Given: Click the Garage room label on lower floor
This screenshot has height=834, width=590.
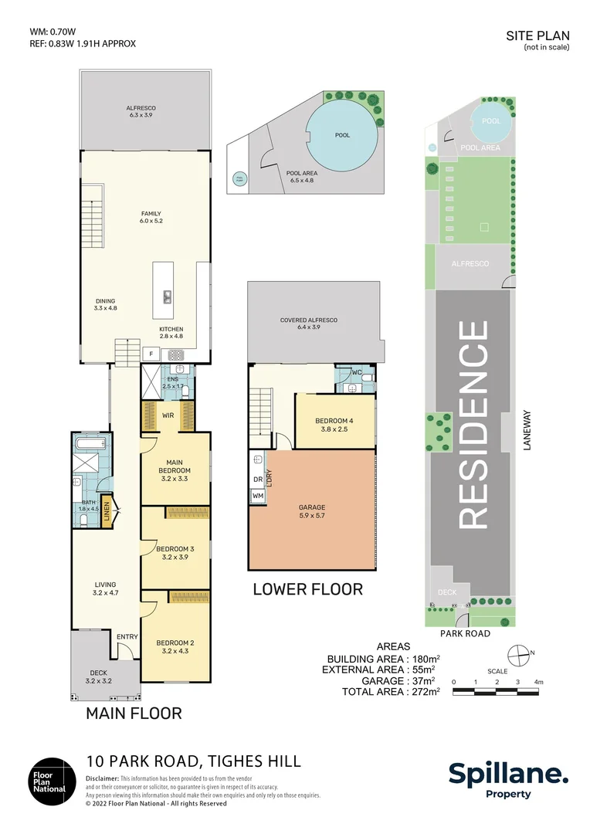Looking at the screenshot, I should (x=312, y=512).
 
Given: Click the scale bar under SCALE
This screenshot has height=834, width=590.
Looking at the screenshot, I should (x=497, y=690).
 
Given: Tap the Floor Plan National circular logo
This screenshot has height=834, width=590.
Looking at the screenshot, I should (x=53, y=781).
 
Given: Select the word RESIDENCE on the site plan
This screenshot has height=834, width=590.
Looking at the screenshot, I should (x=473, y=425).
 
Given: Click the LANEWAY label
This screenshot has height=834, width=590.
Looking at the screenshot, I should (x=529, y=430).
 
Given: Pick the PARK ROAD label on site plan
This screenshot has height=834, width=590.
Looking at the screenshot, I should (x=466, y=632).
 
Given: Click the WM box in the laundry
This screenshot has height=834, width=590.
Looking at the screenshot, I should (x=258, y=495).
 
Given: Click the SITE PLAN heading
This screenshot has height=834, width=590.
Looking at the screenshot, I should (x=537, y=36).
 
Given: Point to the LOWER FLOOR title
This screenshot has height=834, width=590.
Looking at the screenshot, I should (x=307, y=589).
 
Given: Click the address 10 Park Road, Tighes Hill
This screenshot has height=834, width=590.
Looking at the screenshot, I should (x=193, y=761).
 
